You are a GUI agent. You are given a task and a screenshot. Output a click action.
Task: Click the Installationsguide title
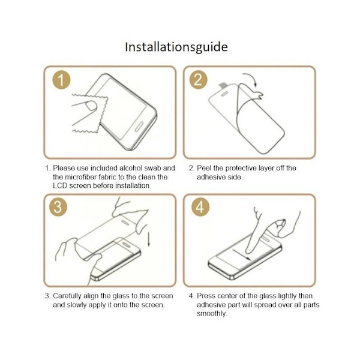click(x=176, y=47)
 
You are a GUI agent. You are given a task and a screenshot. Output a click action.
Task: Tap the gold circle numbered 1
click(x=61, y=80)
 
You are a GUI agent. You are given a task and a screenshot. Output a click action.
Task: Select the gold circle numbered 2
click(x=198, y=80)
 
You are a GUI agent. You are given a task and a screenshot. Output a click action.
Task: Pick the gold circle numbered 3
click(x=58, y=207)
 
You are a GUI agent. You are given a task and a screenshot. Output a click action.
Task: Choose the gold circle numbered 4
click(x=200, y=207)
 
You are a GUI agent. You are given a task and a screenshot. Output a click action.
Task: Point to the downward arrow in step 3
click(x=149, y=239)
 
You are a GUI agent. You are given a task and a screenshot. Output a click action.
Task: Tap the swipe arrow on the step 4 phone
click(x=241, y=254)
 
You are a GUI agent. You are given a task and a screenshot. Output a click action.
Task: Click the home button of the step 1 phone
click(x=139, y=127)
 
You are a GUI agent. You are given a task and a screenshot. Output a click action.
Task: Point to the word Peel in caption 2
click(x=204, y=168)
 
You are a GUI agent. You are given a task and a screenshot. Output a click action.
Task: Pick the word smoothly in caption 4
click(x=212, y=314)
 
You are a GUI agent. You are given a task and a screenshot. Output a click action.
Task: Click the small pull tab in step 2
click(x=223, y=85)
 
